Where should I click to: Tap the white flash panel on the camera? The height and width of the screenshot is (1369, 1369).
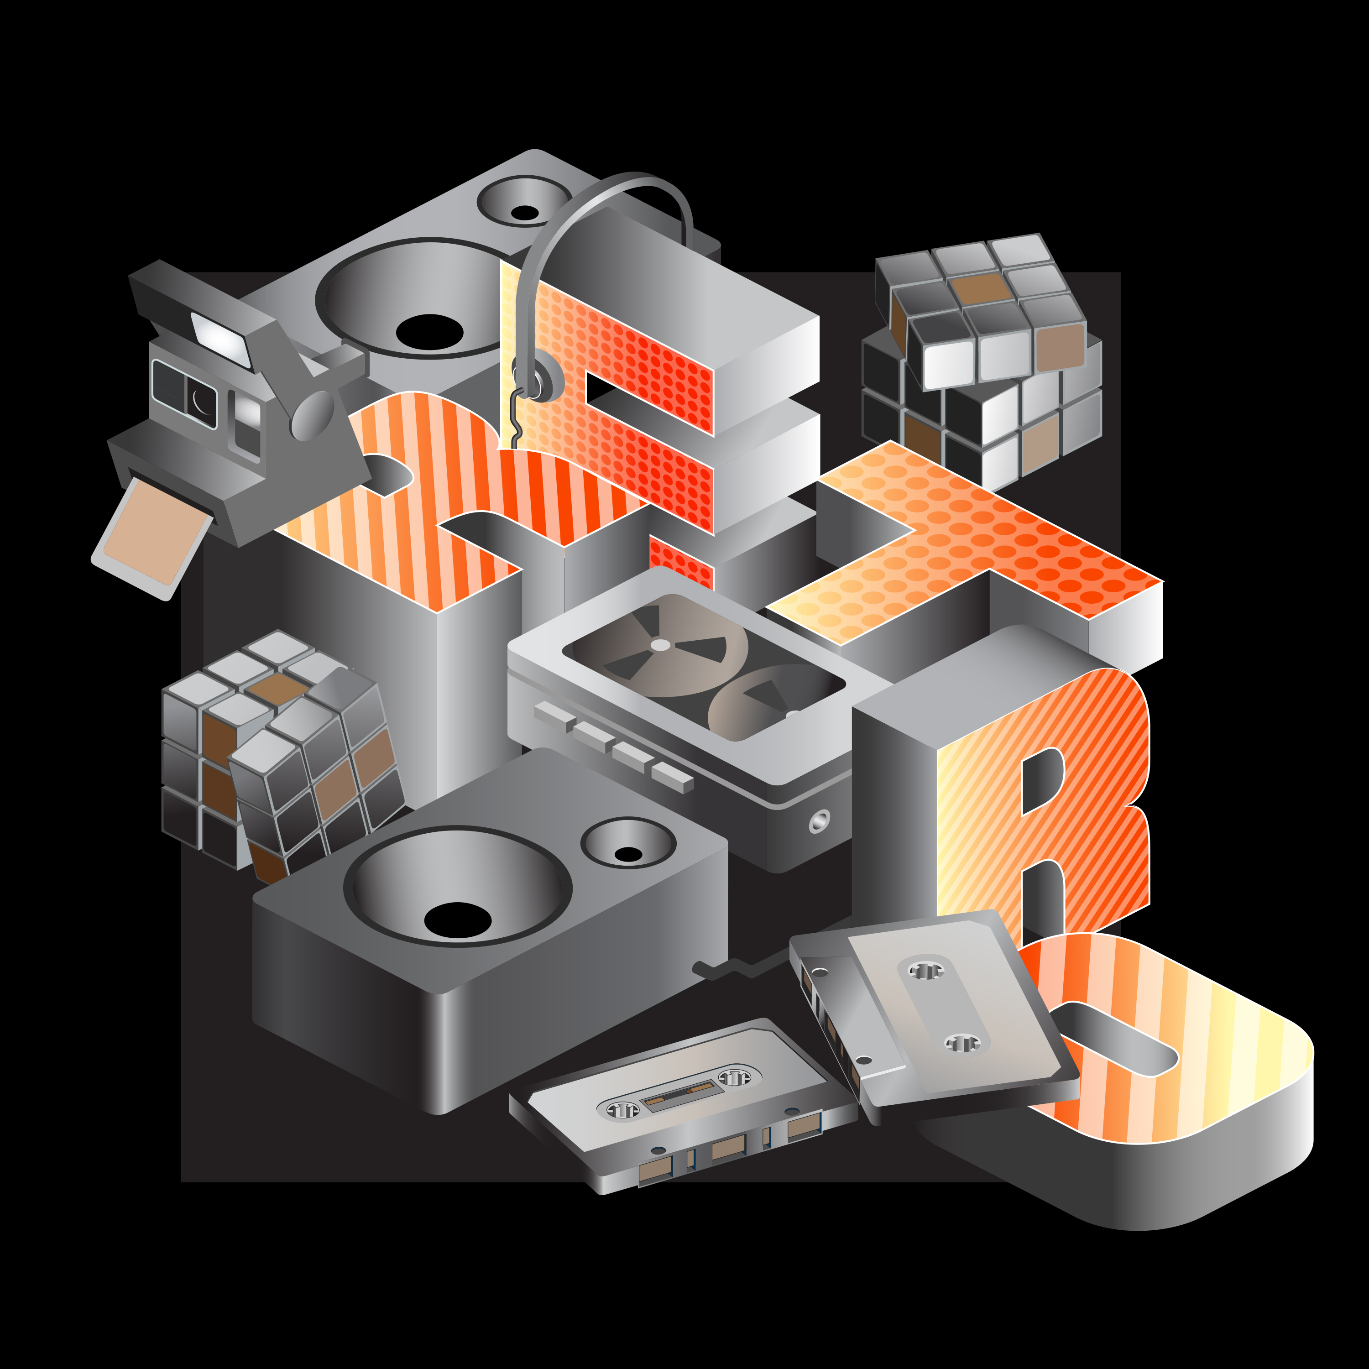click(220, 340)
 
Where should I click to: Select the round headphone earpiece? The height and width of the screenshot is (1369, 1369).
click(537, 377)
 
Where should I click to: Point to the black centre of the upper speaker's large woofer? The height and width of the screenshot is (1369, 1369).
click(429, 332)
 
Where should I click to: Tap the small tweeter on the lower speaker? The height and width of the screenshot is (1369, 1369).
click(628, 843)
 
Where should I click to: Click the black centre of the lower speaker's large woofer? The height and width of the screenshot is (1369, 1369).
click(458, 920)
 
